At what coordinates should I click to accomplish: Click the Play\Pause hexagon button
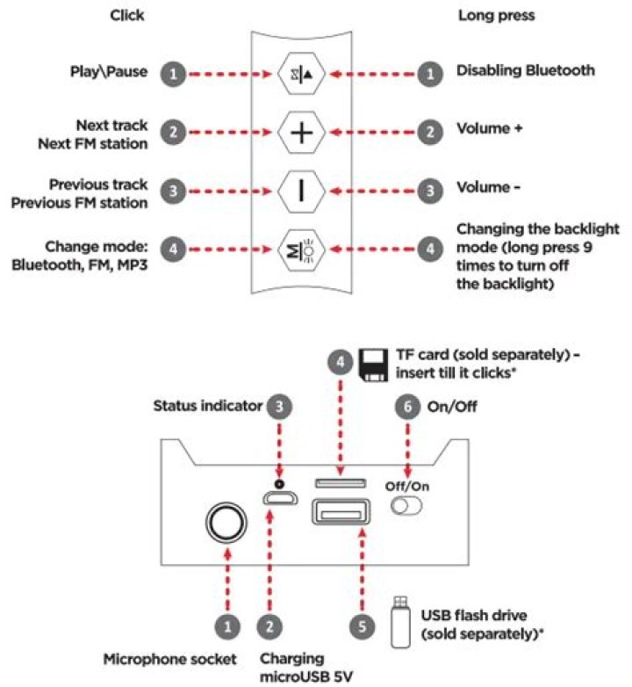(x=301, y=74)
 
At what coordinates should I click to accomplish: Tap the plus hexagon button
(x=301, y=133)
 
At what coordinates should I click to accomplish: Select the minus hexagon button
(x=301, y=191)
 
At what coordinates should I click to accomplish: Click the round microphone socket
(x=226, y=522)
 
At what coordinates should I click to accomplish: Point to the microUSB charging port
(x=280, y=498)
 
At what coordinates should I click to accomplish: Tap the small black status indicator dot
(x=279, y=484)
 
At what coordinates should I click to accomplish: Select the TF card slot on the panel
(x=341, y=483)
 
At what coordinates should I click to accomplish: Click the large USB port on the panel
(x=341, y=512)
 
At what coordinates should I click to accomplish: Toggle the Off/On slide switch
(x=406, y=506)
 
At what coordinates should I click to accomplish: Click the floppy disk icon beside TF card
(x=373, y=365)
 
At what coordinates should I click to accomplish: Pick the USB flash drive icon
(x=400, y=622)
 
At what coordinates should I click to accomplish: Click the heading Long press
(x=496, y=16)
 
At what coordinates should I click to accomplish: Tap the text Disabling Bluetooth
(x=526, y=70)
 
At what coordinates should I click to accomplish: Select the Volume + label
(x=489, y=128)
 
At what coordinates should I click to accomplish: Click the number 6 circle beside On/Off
(x=407, y=407)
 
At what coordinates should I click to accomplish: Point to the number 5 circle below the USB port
(x=362, y=626)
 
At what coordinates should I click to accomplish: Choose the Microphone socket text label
(x=169, y=659)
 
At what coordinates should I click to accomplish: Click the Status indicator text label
(x=207, y=406)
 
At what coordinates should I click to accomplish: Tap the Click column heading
(x=127, y=15)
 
